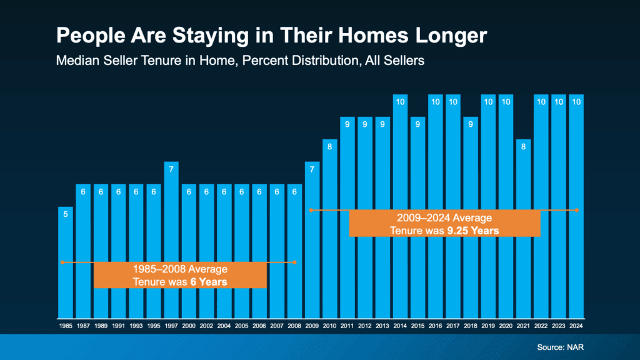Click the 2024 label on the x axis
pos(576,326)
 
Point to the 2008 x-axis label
pos(295,326)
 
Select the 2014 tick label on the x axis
pos(401,326)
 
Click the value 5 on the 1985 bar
pos(66,214)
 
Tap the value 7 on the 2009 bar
pos(312,169)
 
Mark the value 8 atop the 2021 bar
pos(524,147)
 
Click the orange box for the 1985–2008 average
pos(180,276)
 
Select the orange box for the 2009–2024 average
pos(444,224)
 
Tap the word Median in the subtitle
pos(77,61)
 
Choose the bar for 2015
pos(418,219)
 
